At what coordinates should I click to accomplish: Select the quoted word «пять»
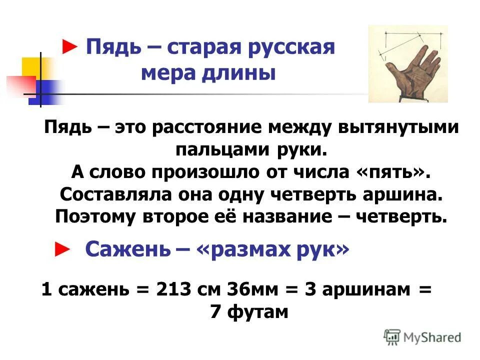(391, 172)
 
